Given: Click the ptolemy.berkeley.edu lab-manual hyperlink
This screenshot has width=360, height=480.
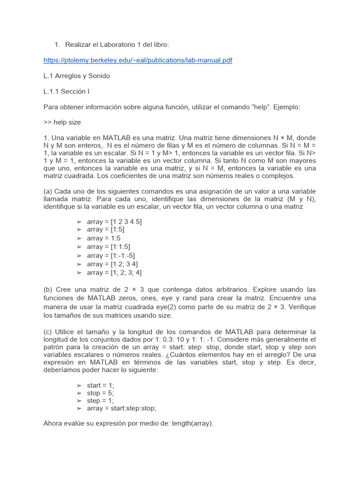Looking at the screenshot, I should (x=137, y=60).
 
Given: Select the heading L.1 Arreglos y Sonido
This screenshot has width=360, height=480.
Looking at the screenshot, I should (x=76, y=75).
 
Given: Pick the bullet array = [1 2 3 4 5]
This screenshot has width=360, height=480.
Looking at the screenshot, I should (x=114, y=221).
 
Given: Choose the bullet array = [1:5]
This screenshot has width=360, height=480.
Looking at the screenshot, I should (x=106, y=230).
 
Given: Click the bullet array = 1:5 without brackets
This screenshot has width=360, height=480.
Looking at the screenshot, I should (x=104, y=238).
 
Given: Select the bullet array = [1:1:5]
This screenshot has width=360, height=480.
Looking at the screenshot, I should (x=109, y=247).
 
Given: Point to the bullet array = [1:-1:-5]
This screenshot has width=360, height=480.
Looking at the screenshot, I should (x=111, y=255).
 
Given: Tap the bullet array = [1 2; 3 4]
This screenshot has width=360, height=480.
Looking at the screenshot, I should (x=112, y=264).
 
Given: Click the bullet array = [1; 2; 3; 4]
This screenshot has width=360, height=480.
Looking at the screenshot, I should (x=114, y=272).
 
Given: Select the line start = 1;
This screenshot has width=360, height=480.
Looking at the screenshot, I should (x=100, y=385).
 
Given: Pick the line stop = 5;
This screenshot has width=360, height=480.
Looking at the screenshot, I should (x=100, y=393).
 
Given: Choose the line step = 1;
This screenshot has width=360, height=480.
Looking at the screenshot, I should (x=100, y=400).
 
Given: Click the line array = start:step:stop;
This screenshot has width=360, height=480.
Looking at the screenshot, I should (x=121, y=408).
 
